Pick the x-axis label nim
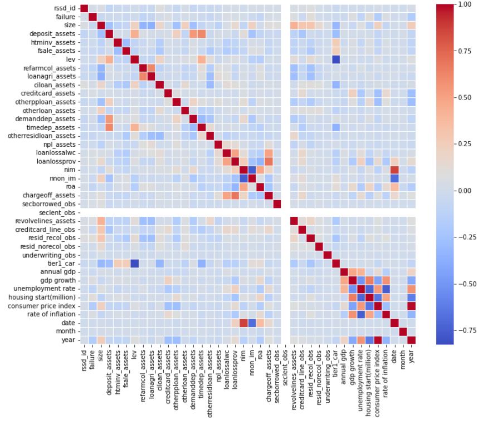243,355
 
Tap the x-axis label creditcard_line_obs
303,375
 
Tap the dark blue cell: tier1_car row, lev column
135,263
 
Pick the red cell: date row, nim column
243,323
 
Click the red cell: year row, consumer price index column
378,340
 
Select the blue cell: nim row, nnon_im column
252,169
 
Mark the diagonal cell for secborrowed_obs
277,204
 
